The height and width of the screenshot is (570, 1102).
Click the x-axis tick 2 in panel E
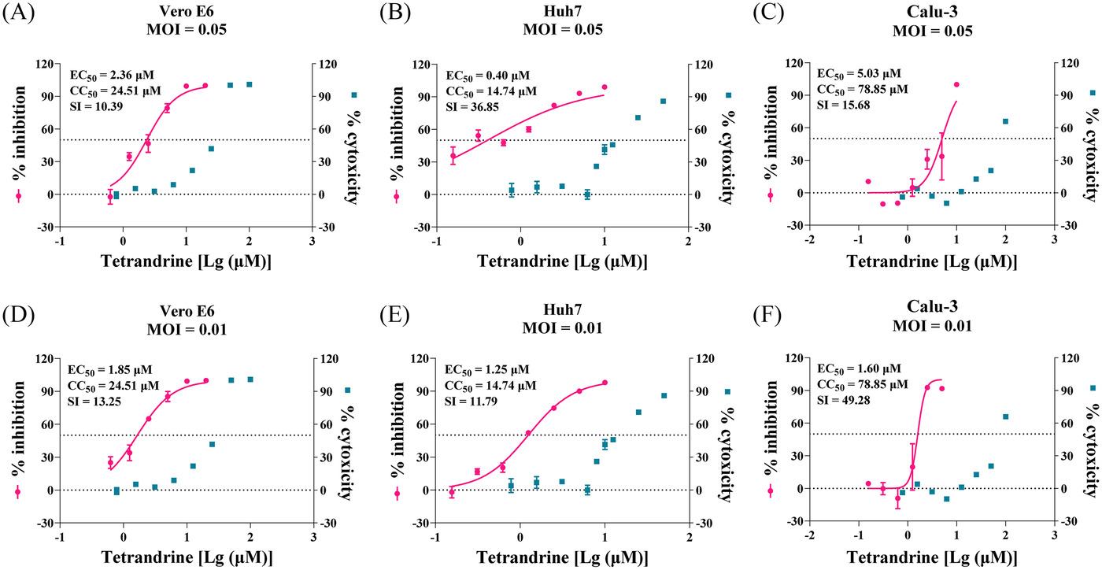click(x=688, y=537)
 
